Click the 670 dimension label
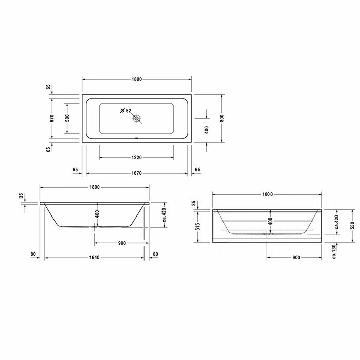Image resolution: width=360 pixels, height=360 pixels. tap(52, 118)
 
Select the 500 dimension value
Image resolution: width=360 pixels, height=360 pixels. tap(67, 118)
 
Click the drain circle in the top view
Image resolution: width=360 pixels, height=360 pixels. tap(137, 119)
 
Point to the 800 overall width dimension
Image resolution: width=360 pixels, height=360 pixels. tap(222, 118)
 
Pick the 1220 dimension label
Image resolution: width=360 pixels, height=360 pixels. tap(136, 157)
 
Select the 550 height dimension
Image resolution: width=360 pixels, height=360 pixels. tap(337, 225)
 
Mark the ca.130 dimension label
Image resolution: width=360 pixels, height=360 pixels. tap(334, 250)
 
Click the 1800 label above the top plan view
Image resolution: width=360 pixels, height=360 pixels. tap(136, 79)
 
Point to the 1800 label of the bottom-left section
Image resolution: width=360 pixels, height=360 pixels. tap(95, 187)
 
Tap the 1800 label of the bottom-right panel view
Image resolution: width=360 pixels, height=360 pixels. tap(267, 194)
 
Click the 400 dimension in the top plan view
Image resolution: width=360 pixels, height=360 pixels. tap(206, 129)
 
